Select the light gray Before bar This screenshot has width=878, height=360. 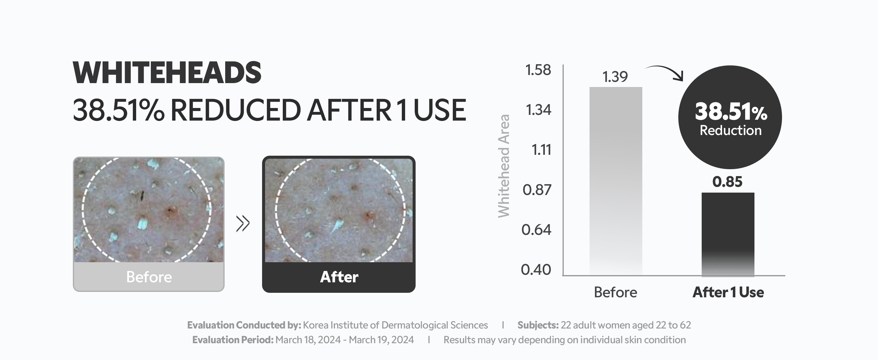616,181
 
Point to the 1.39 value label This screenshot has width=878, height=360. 615,77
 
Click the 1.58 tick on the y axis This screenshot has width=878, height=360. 538,70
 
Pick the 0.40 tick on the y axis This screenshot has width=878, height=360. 536,270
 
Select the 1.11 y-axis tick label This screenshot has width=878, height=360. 541,150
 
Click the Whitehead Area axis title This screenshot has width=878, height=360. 504,166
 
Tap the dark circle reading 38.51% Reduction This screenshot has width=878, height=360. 730,117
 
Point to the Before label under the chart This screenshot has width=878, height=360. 615,292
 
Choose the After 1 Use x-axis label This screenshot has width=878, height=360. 728,292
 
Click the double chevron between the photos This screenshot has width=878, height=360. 243,223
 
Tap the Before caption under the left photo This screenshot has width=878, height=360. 149,277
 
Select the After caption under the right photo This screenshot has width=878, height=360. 339,277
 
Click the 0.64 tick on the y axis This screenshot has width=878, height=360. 536,230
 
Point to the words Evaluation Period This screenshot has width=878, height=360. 233,340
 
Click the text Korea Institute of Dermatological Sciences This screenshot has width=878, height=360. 396,325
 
